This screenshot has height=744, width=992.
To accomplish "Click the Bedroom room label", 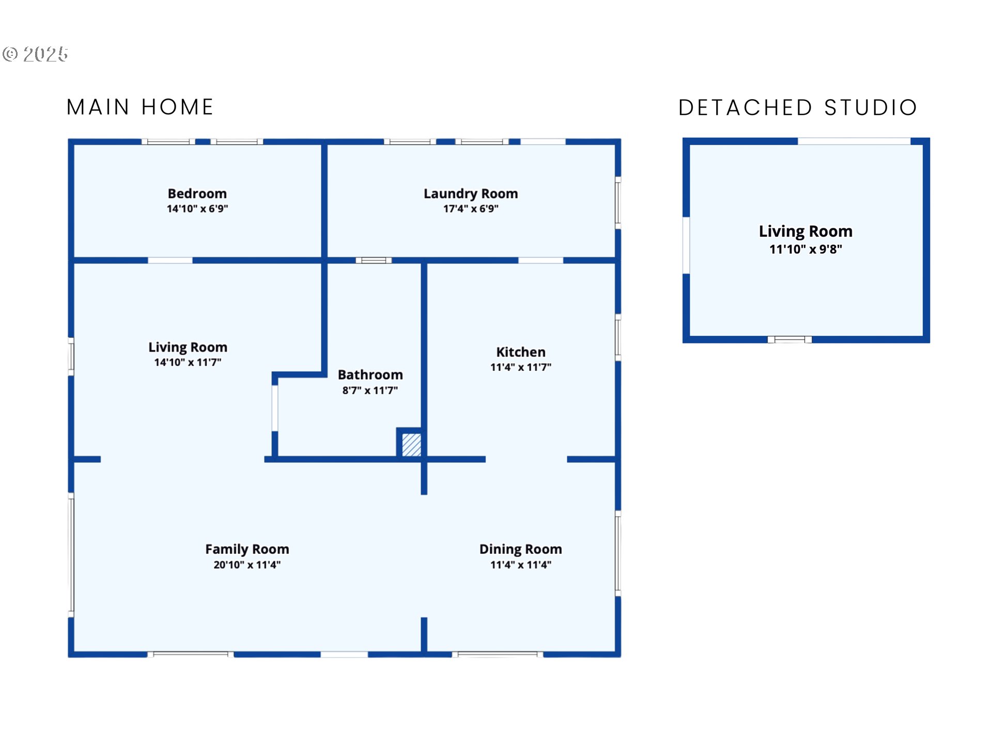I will coord(197,193).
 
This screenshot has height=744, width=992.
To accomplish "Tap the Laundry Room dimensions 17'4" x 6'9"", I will coord(470,209).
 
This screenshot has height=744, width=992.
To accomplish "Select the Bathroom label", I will coord(370,375).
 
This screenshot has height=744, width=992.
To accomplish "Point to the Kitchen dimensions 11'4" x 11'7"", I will coord(520,367).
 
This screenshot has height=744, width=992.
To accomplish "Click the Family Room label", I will coord(247,549).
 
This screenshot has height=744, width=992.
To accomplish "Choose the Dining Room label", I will coord(520,549).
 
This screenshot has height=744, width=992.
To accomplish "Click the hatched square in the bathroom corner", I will coord(411,444).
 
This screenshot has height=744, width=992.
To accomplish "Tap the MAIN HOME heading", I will coord(140,107).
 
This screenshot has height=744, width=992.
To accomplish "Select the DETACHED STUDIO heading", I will coord(798,107).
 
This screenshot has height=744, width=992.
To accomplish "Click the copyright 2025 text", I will coord(36,54).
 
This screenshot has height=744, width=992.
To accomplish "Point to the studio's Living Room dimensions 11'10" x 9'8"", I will coord(805,250).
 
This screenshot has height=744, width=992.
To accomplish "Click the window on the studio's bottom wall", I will coord(789,339).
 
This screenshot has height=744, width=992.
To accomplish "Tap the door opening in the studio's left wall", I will coord(686,245).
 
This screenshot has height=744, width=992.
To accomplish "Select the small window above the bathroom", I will coord(374,260).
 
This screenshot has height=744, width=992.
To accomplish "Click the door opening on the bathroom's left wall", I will coord(275,408).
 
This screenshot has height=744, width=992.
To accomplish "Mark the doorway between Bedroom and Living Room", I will coord(170,260).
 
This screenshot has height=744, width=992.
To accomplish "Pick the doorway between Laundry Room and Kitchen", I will coord(540,260).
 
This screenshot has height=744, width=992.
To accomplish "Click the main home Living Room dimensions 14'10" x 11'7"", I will coord(188,362).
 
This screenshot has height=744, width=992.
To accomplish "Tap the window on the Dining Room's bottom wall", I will coord(497,655).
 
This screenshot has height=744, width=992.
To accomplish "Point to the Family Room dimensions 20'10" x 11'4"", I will coord(247,565).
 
